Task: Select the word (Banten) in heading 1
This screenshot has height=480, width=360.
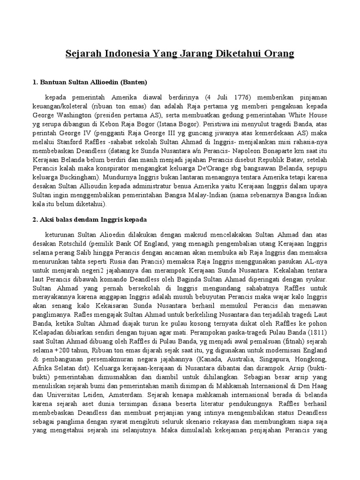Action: pos(134,82)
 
